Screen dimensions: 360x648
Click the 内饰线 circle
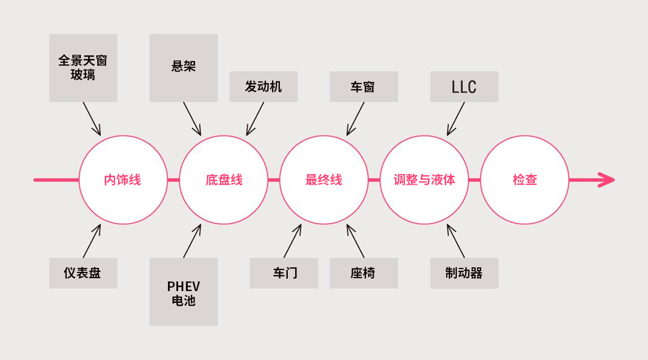pyautogui.click(x=123, y=180)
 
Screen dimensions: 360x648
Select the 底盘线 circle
pyautogui.click(x=223, y=180)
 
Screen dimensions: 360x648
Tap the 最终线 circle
pyautogui.click(x=324, y=180)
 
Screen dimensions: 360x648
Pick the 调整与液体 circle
pyautogui.click(x=425, y=180)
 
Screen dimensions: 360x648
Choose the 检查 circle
pyautogui.click(x=525, y=180)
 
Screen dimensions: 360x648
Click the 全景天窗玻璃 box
pyautogui.click(x=83, y=68)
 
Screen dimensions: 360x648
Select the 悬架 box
pyautogui.click(x=183, y=68)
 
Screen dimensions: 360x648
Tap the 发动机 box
pyautogui.click(x=263, y=86)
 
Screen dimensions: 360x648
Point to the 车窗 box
pyautogui.click(x=364, y=86)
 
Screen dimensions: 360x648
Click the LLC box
pyautogui.click(x=464, y=86)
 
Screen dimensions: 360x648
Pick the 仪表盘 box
pyautogui.click(x=83, y=273)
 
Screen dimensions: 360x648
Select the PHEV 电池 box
pyautogui.click(x=183, y=292)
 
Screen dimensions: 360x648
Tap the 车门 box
pyautogui.click(x=284, y=273)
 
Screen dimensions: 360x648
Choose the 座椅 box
pyautogui.click(x=364, y=273)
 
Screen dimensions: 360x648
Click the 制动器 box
pyautogui.click(x=464, y=273)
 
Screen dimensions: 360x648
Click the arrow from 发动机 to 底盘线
pyautogui.click(x=255, y=119)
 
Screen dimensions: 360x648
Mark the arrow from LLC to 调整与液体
pyautogui.click(x=455, y=119)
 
